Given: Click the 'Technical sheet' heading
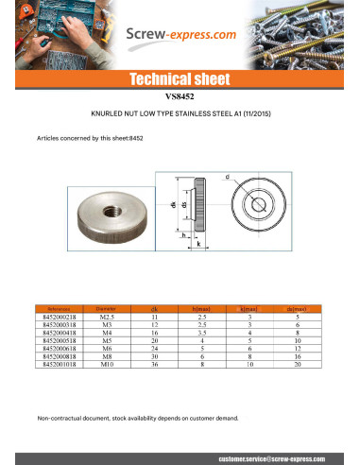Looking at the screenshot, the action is click(180, 79).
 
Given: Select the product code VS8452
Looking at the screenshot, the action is click(180, 95).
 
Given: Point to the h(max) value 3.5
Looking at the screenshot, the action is click(201, 332).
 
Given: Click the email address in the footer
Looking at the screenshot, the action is click(273, 457).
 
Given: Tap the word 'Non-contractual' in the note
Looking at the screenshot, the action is click(60, 416).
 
